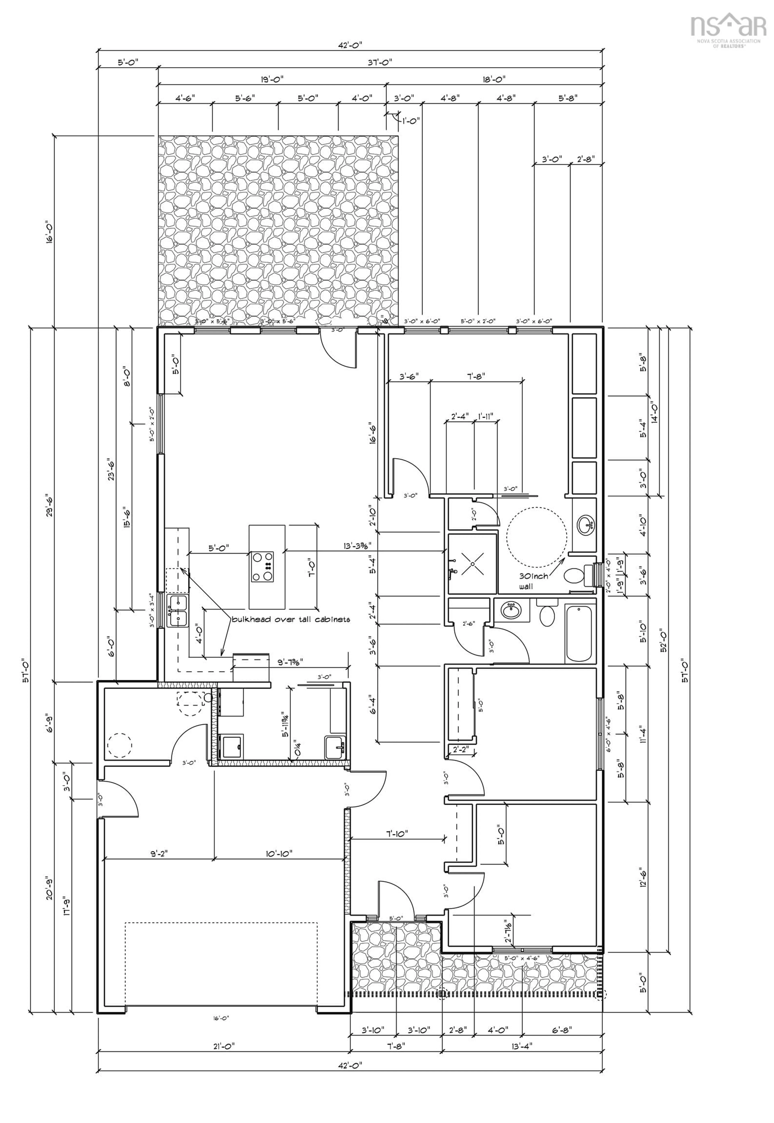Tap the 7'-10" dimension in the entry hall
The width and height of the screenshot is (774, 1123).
[x=397, y=834]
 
